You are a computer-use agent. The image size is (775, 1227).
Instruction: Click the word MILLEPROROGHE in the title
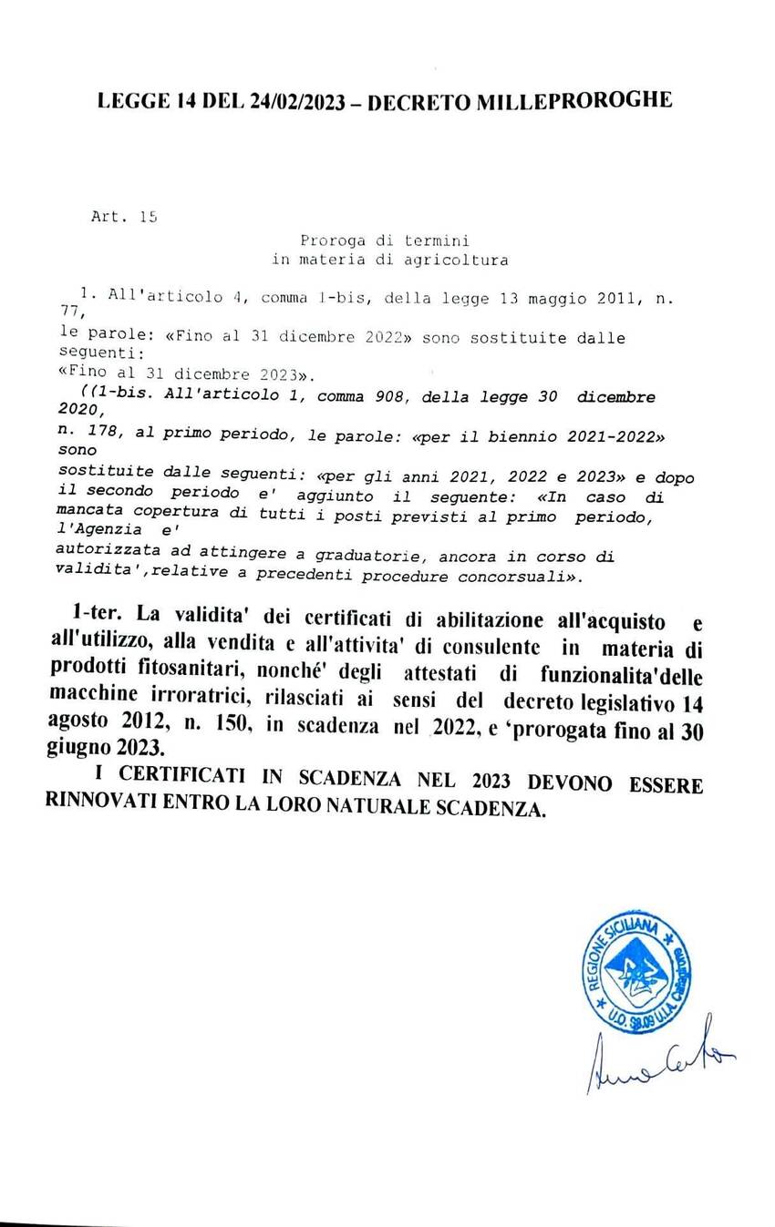[573, 101]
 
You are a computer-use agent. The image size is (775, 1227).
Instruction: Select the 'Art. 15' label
[125, 217]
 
